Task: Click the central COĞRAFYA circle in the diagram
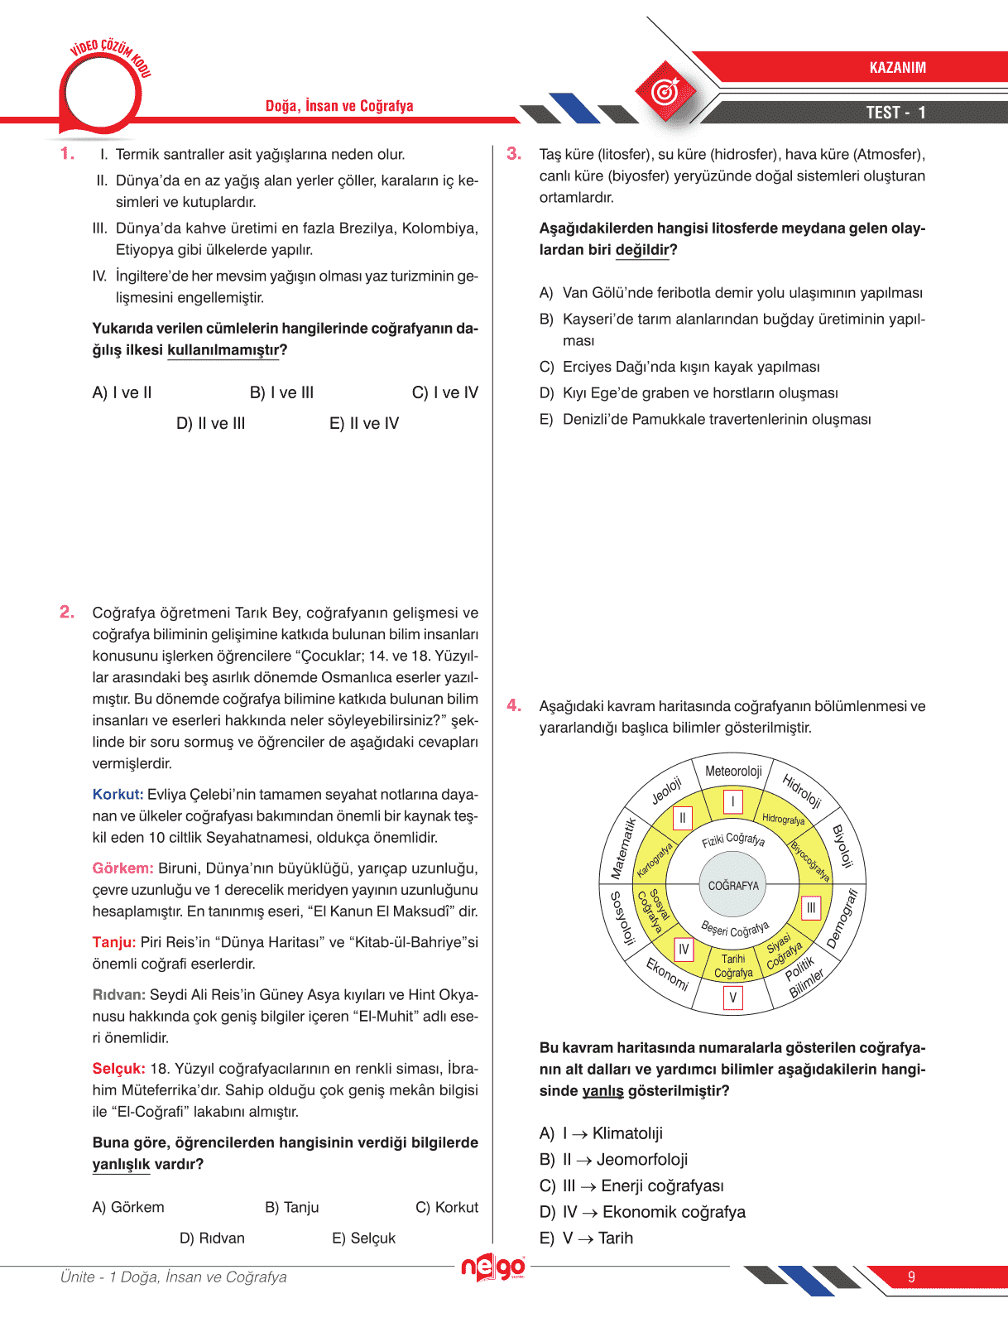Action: point(733,885)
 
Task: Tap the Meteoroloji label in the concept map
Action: point(733,771)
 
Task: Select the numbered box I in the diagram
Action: point(732,801)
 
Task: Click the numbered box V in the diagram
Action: point(732,998)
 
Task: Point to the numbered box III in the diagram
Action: point(811,907)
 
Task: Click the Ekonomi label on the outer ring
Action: point(667,974)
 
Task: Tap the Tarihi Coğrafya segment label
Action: point(733,966)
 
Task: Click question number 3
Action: point(514,153)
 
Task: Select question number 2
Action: point(67,612)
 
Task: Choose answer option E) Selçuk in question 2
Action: point(363,1238)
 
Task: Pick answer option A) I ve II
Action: point(122,392)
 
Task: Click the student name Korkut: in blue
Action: point(118,794)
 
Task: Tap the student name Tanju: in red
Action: point(114,942)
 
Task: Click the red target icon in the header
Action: point(665,91)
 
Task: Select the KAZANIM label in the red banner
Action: point(897,68)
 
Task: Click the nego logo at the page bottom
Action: point(493,1267)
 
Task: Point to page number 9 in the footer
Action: point(911,1277)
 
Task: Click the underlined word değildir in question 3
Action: point(642,249)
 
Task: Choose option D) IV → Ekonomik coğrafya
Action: point(642,1212)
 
